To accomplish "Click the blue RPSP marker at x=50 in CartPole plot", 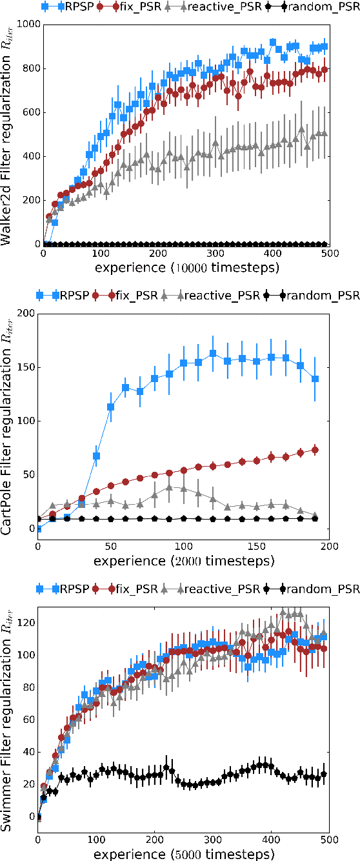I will click(111, 407).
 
